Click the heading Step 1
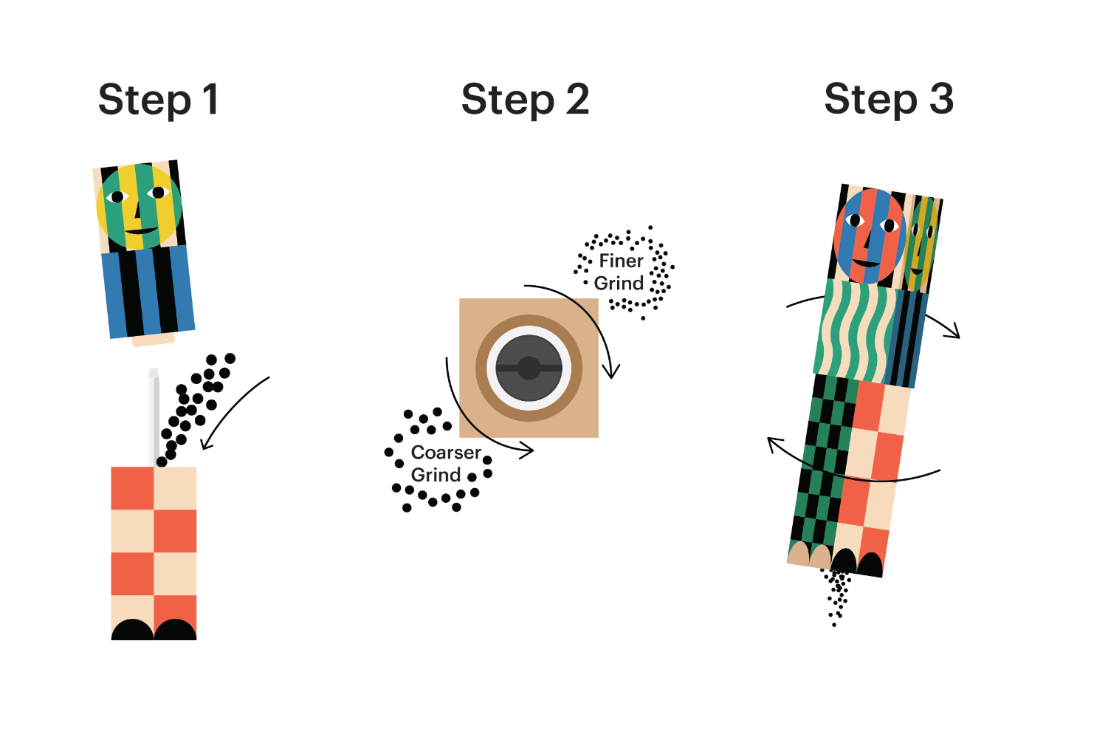tap(159, 101)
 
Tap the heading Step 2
tap(526, 101)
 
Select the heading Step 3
tap(889, 100)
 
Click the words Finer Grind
tap(620, 272)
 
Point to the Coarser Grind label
tap(446, 464)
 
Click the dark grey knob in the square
tap(529, 368)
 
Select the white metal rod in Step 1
tap(154, 418)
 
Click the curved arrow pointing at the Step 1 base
tap(229, 411)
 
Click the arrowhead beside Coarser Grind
tap(526, 450)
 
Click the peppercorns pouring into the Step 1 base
tap(196, 408)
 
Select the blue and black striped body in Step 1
tap(148, 291)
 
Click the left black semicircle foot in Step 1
tap(132, 630)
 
